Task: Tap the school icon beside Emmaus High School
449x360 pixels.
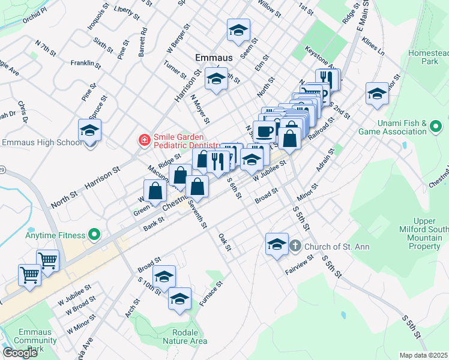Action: [x=89, y=130]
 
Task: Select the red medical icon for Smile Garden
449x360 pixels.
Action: [x=144, y=140]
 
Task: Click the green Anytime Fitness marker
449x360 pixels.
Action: [x=93, y=233]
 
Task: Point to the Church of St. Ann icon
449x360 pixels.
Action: [x=295, y=245]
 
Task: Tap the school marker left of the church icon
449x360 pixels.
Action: [x=276, y=244]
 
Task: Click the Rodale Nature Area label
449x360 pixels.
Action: [x=181, y=337]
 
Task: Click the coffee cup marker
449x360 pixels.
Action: [x=264, y=131]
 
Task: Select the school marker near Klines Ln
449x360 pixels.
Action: [x=377, y=94]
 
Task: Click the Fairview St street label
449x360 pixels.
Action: [x=300, y=264]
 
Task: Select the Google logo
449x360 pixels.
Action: [x=20, y=353]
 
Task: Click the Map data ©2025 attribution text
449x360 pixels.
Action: [x=423, y=355]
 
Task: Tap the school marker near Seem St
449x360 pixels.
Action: [x=238, y=30]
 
